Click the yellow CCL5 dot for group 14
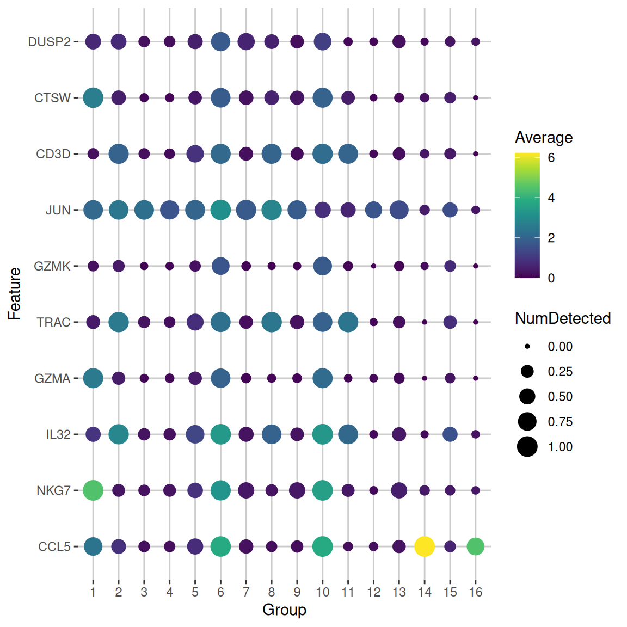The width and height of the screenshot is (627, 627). coord(425,546)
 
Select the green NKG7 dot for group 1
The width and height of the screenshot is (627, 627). coord(93,490)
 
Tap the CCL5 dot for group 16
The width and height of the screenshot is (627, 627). coord(476,546)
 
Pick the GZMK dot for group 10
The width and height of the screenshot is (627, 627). coord(323,266)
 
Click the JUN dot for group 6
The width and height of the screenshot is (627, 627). coord(220,210)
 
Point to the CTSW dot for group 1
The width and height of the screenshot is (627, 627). coord(93,97)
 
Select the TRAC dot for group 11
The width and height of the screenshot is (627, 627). coord(348,322)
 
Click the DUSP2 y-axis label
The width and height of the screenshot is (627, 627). coord(49,42)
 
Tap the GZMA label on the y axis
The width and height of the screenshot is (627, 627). coord(52,378)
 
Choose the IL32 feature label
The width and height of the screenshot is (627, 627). coord(58,434)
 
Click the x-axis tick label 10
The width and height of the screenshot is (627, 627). coord(323,592)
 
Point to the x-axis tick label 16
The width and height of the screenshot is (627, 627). coord(476,592)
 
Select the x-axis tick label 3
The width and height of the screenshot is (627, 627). coord(144,592)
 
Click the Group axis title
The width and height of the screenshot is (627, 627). coord(284,610)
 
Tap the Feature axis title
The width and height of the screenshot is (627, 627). coord(14,293)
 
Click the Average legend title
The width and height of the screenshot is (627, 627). coord(543,137)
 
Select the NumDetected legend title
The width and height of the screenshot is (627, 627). coord(563,318)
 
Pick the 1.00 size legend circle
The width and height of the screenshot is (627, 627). coord(527,447)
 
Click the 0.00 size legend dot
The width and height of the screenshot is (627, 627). coord(527,347)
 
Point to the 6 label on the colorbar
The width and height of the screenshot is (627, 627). coord(551,158)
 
